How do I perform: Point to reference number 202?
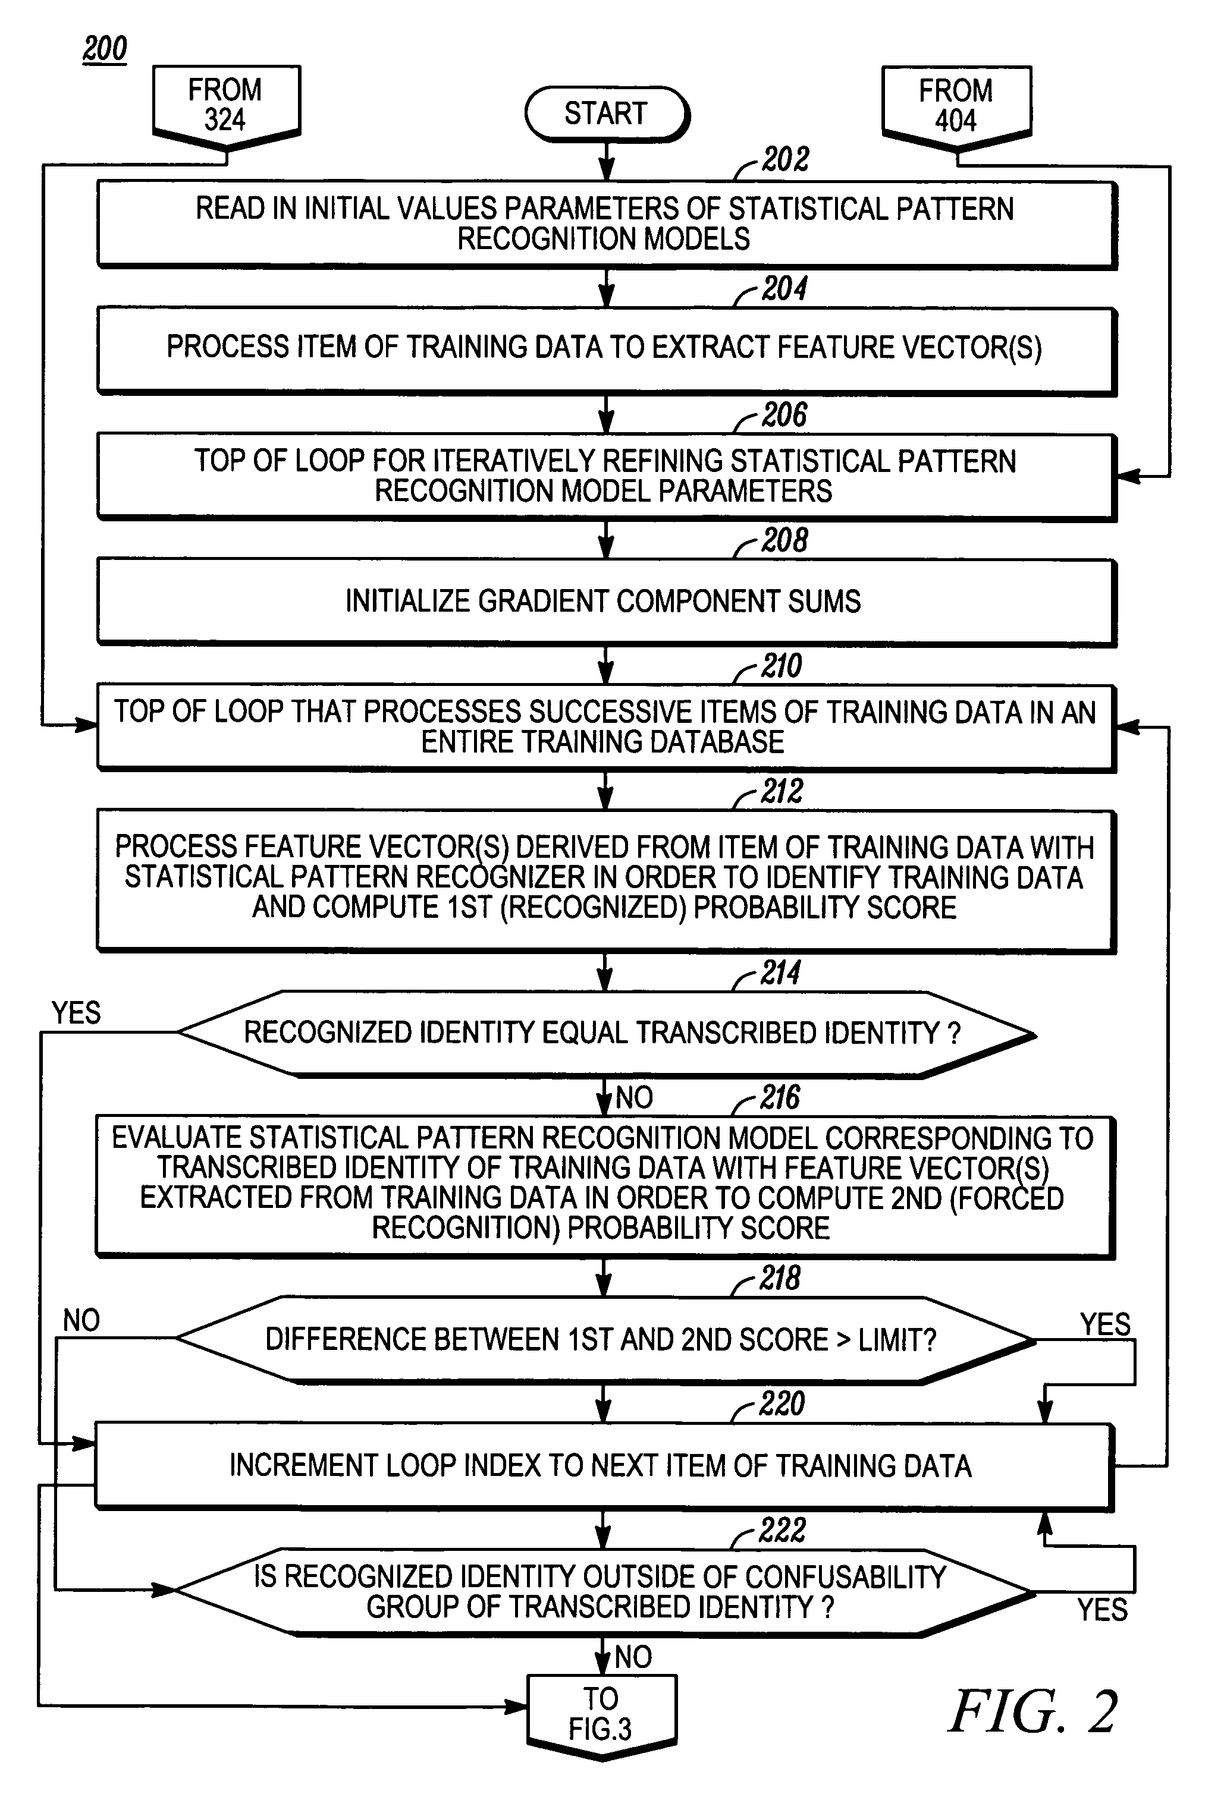785,159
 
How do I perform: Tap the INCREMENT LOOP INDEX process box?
604,1466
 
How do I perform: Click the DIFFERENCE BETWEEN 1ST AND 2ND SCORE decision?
605,1340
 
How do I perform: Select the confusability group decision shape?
604,1592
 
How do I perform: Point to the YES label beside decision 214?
76,1013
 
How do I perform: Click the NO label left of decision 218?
81,1321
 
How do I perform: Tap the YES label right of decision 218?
1105,1324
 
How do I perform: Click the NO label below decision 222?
633,1657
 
